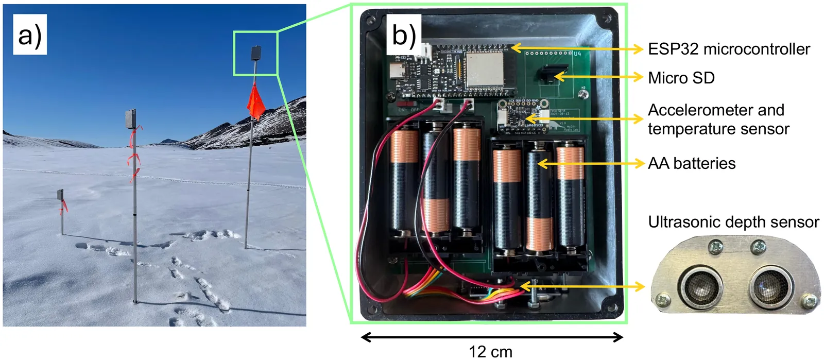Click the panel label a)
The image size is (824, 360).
coord(29,35)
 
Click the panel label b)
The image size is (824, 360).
coord(404,35)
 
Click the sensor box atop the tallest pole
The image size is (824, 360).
coord(255,53)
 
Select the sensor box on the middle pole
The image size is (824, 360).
coord(131,119)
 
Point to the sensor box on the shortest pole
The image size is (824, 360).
coord(60,195)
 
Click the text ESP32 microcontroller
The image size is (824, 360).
coord(729,49)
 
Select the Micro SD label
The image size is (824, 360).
coord(681,78)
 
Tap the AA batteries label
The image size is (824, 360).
coord(692,163)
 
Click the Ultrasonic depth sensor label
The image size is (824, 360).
coord(733,222)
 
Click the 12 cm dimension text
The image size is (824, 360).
coord(491,352)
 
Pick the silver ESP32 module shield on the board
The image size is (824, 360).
coord(484,69)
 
